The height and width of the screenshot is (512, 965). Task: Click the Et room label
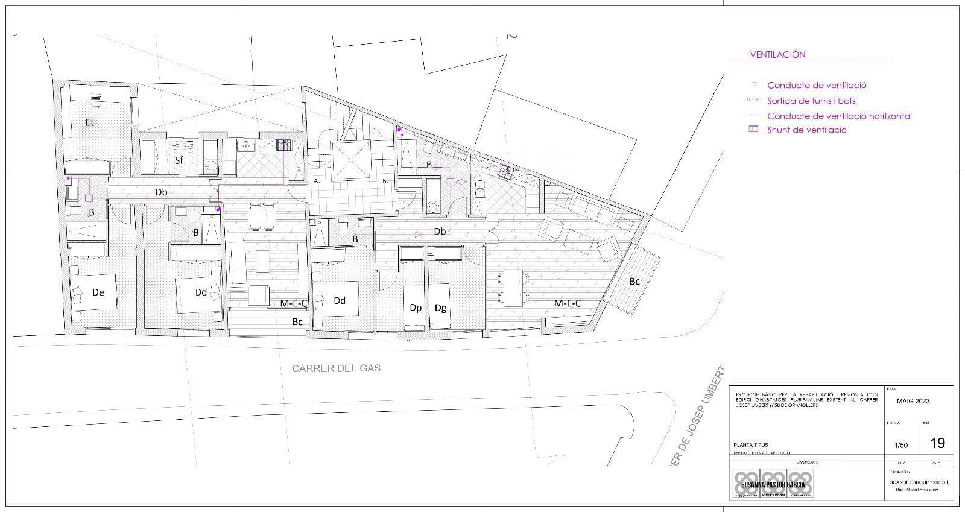[x=90, y=122]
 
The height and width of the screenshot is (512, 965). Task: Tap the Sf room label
[x=179, y=160]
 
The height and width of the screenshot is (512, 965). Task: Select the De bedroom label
[x=98, y=292]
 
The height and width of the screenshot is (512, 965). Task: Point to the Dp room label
[x=416, y=308]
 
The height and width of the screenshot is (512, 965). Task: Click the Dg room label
[x=440, y=308]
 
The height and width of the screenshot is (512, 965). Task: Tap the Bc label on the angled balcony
[x=634, y=281]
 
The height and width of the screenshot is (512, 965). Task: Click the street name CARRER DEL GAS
[x=336, y=368]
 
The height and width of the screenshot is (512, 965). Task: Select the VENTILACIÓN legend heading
[x=777, y=54]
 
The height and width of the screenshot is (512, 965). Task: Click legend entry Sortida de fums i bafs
[x=811, y=101]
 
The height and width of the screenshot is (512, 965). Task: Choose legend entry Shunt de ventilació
[x=807, y=130]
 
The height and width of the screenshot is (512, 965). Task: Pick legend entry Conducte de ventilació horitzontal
[x=839, y=116]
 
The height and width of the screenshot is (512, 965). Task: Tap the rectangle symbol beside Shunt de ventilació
[x=753, y=130]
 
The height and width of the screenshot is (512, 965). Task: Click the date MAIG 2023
[x=913, y=401]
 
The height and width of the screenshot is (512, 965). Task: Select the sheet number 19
[x=937, y=443]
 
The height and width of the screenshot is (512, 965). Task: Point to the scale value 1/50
[x=900, y=445]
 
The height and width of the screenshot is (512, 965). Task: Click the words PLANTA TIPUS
[x=751, y=445]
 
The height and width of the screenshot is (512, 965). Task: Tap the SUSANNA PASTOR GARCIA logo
[x=773, y=484]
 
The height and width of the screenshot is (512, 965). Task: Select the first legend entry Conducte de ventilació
[x=817, y=86]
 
